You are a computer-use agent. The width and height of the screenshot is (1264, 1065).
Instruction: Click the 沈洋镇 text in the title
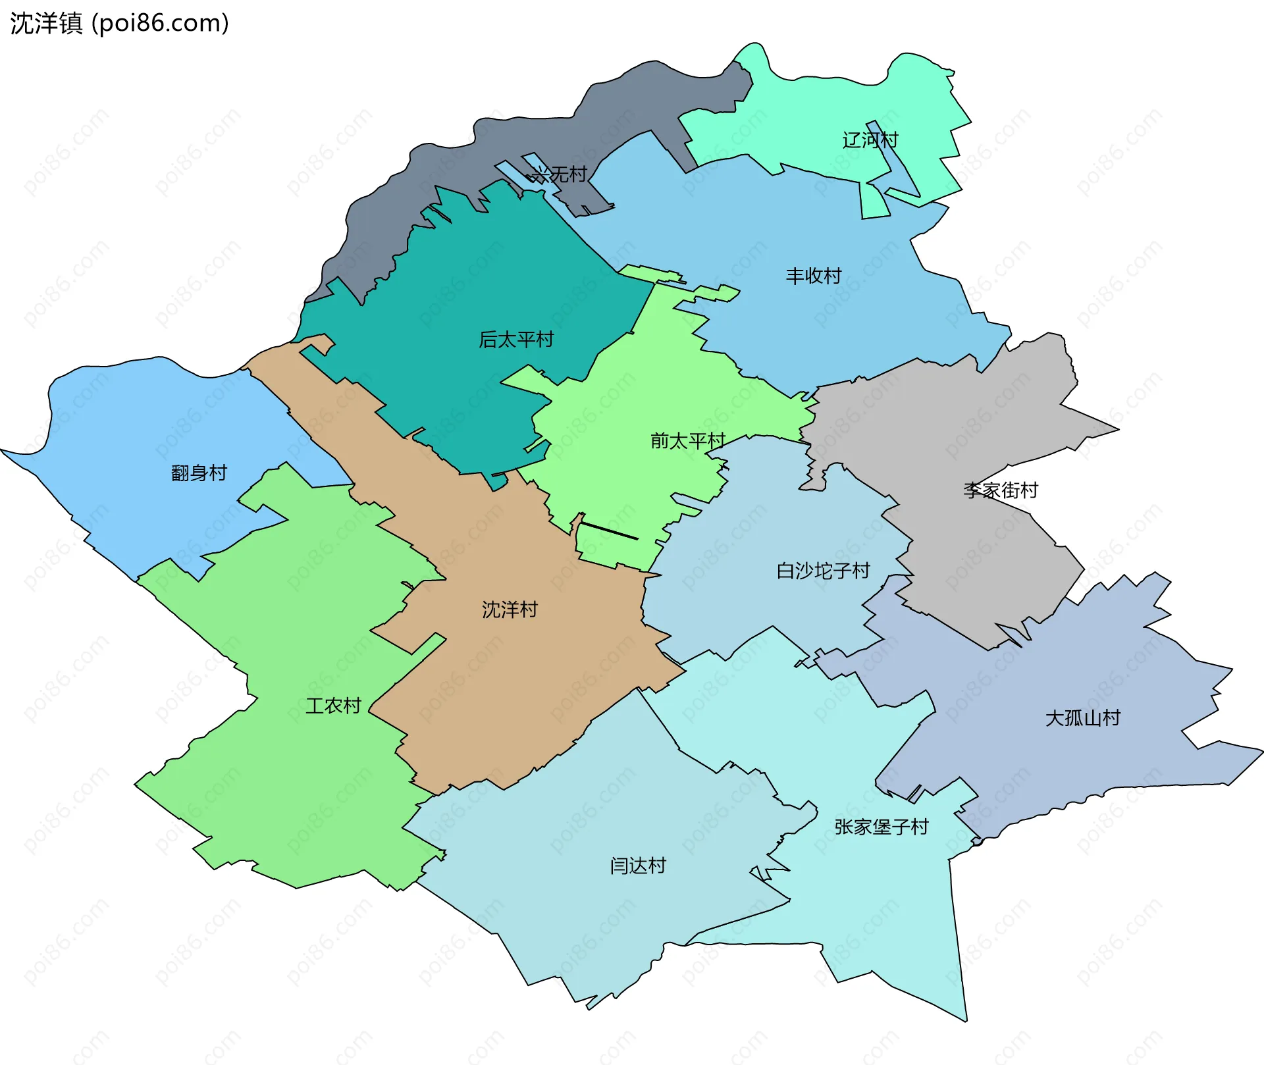(x=46, y=23)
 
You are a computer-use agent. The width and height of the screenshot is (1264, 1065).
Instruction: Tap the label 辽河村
(x=870, y=140)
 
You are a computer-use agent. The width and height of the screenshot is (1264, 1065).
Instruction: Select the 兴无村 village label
(x=559, y=174)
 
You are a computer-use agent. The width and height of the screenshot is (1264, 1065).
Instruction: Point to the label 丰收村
(x=814, y=276)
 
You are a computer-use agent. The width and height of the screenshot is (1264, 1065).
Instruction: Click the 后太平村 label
(x=516, y=340)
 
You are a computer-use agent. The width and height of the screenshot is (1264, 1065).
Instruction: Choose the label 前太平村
(x=687, y=440)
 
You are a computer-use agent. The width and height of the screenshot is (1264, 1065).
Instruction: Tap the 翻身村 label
(x=199, y=473)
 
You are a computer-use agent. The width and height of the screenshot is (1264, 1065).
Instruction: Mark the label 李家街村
(x=1001, y=490)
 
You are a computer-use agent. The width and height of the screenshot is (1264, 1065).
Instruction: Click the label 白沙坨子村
(x=823, y=571)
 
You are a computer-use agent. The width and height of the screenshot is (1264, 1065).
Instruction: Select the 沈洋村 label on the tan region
(x=510, y=610)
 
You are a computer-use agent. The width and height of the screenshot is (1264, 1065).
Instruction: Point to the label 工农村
(x=333, y=706)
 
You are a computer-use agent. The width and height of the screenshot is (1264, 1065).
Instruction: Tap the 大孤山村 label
(x=1083, y=717)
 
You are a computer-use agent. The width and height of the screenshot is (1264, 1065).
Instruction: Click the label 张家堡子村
(x=882, y=827)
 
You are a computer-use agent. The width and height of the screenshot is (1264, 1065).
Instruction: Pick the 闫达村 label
(x=638, y=865)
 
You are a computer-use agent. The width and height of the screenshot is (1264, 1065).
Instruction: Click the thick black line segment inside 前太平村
(x=610, y=531)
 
